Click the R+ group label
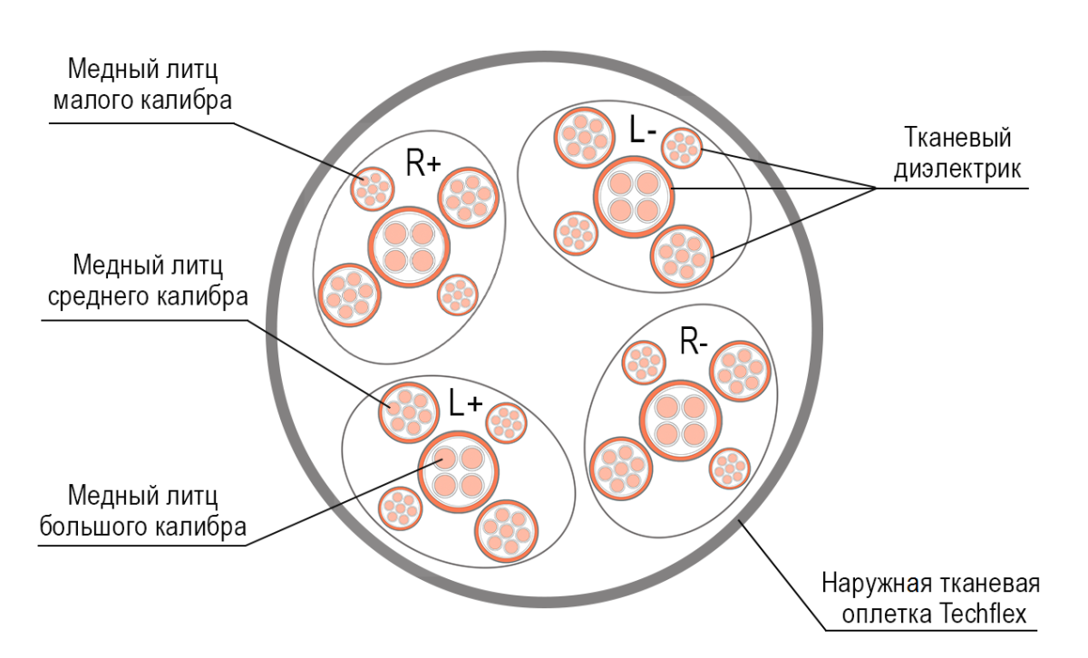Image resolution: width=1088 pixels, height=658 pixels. coord(423,164)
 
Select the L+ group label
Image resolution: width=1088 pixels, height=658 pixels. coord(465,402)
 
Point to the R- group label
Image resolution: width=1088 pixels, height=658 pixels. coord(694,343)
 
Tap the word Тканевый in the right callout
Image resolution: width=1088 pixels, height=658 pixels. coord(958,139)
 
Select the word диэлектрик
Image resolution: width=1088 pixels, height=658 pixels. coord(958,169)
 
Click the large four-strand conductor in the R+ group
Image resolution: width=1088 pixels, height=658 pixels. coord(409,247)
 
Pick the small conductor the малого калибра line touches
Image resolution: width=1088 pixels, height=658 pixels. coord(373,188)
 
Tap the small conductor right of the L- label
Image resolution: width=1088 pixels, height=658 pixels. coord(681,148)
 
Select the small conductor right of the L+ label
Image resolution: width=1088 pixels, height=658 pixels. coord(507,422)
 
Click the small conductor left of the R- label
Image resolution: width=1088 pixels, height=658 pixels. coord(644,362)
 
